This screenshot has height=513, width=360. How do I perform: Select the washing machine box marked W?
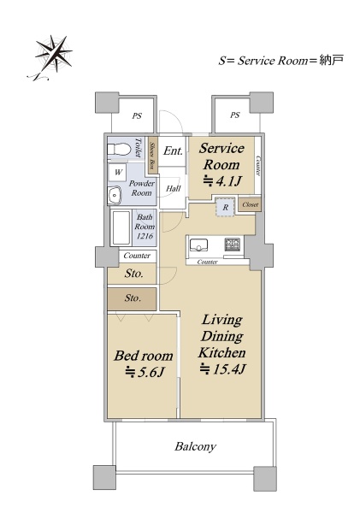pos(118,172)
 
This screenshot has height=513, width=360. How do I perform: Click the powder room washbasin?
pos(115,195)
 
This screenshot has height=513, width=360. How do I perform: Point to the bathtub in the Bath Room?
pos(121,227)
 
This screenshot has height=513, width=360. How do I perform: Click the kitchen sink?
pos(198,245)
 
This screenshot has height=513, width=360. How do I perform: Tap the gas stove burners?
pos(232,245)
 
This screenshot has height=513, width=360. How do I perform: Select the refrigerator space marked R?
pos(225,207)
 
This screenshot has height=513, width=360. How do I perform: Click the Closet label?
pos(251,205)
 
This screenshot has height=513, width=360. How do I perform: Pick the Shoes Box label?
pos(151,155)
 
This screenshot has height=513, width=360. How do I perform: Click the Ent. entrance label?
pos(173,150)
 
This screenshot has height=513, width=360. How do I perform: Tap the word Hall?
pos(173,188)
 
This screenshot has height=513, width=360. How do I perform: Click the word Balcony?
pos(195,446)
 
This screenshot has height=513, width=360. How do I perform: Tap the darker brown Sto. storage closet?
pos(133,298)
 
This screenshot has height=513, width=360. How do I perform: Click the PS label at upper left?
pos(137,115)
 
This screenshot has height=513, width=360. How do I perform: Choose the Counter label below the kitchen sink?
pos(208,262)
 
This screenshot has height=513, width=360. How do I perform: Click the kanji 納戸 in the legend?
pos(331,60)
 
